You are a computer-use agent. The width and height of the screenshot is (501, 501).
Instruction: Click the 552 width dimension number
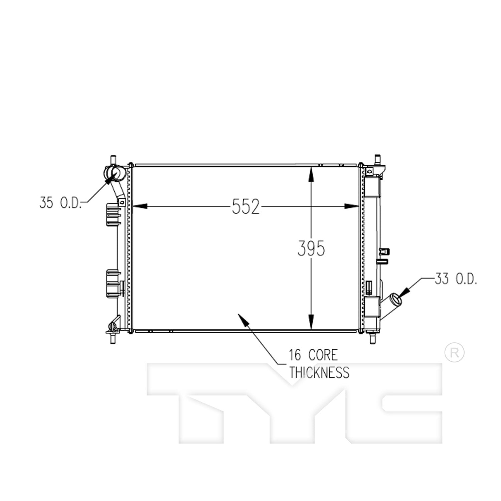[x=245, y=207]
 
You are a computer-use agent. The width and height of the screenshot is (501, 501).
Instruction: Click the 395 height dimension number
[x=311, y=248]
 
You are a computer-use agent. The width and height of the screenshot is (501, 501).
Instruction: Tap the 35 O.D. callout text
[x=60, y=203]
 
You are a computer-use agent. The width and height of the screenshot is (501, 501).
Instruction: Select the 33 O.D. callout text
[x=456, y=279]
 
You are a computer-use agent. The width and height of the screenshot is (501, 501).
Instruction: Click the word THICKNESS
[x=319, y=372]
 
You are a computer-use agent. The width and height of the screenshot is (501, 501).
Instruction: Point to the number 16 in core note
[x=295, y=355]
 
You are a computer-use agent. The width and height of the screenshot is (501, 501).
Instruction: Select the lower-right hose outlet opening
[x=396, y=298]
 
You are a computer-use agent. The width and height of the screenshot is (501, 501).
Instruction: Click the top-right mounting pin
[x=378, y=158]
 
